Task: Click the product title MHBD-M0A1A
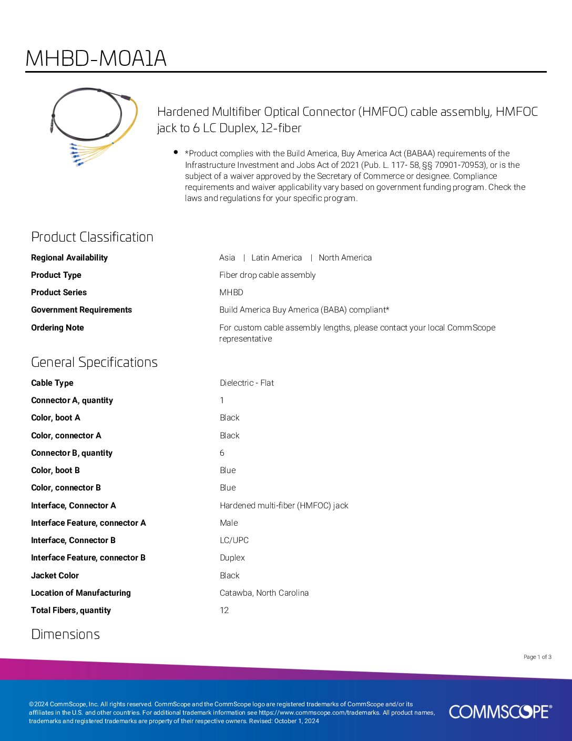(x=96, y=58)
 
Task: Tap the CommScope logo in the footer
(x=500, y=712)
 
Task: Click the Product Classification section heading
(x=92, y=237)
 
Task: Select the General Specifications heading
(x=94, y=362)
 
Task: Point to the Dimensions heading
(x=65, y=634)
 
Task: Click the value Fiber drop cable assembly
(x=267, y=275)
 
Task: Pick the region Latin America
(x=276, y=257)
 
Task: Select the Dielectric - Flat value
(x=247, y=383)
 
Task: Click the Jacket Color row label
(x=55, y=575)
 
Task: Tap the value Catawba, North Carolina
(x=264, y=593)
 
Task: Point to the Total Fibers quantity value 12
(x=224, y=610)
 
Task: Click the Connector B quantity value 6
(x=222, y=453)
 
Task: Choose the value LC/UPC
(x=234, y=540)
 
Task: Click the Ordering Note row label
(x=57, y=327)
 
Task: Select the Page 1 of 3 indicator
(x=537, y=657)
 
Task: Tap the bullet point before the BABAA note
(x=176, y=153)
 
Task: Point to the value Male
(x=229, y=523)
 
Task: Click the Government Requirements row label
(x=81, y=309)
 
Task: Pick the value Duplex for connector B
(x=232, y=557)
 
